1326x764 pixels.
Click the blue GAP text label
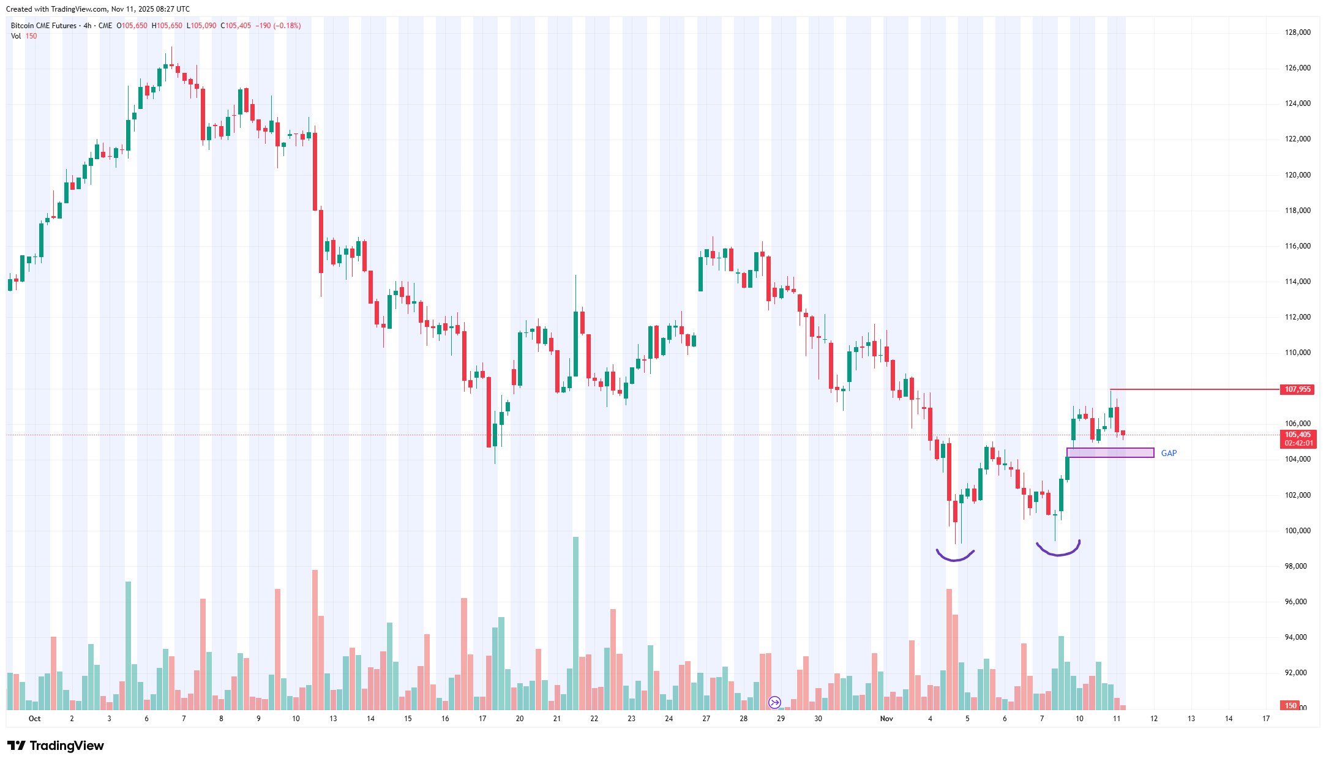tap(1169, 453)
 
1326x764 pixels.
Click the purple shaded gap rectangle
tap(1110, 453)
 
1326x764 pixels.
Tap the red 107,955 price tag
tap(1297, 389)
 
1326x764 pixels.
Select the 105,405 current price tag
tap(1297, 435)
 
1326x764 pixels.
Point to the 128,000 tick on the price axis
tap(1297, 32)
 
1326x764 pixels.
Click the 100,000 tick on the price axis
tap(1297, 531)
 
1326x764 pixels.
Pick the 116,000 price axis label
tap(1297, 246)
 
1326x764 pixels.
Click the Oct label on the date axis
tap(35, 719)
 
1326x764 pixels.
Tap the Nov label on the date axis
tap(886, 719)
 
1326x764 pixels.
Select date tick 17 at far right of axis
tap(1266, 719)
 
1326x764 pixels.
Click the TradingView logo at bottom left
tap(56, 746)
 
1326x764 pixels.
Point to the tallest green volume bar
tap(575, 623)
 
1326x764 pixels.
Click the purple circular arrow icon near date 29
tap(775, 702)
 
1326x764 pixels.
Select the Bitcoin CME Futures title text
tap(43, 26)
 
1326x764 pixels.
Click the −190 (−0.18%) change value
tap(278, 26)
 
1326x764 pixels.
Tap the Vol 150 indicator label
tap(24, 36)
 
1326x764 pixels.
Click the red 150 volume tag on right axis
tap(1290, 706)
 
